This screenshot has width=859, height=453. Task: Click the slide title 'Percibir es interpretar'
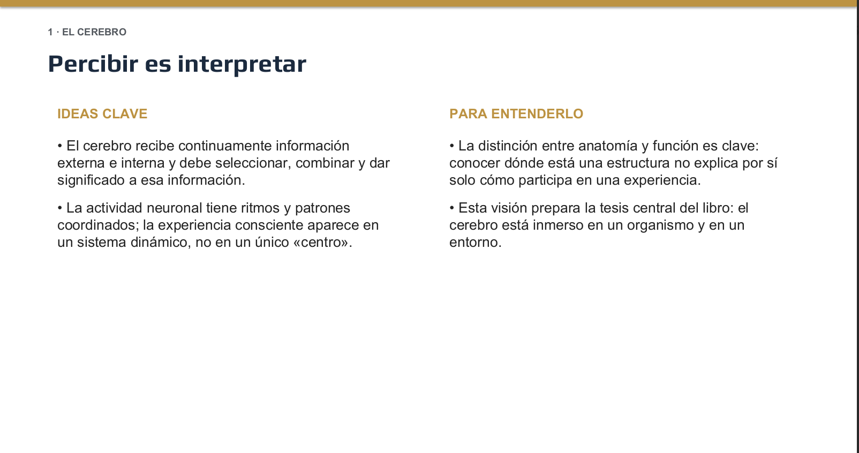coord(177,64)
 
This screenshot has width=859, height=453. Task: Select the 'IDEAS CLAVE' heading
coord(102,114)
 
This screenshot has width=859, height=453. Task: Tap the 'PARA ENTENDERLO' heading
coord(516,114)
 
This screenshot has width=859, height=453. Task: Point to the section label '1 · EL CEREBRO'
coord(87,32)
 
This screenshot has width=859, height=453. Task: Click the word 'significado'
coord(91,180)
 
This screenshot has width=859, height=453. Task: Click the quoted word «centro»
coord(322,243)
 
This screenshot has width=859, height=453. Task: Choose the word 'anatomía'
coord(608,146)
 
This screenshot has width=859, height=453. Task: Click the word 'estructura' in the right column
coord(638,163)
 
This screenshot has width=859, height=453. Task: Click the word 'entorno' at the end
coord(476,243)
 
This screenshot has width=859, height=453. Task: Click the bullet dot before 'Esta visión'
coord(452,208)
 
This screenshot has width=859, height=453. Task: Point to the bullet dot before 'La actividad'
coord(60,208)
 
